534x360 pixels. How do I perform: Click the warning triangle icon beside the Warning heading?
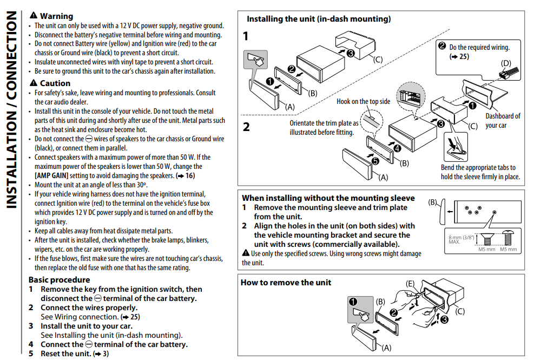tap(34, 16)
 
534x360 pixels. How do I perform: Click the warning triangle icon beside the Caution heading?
tap(34, 83)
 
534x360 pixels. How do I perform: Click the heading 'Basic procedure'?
tap(59, 280)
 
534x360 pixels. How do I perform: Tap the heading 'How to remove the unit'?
tap(286, 282)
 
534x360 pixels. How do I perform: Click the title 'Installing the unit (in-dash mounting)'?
tap(319, 19)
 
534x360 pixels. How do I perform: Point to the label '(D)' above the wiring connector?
tap(506, 63)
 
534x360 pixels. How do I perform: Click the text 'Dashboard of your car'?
tap(503, 121)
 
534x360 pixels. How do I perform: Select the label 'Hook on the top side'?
tap(363, 101)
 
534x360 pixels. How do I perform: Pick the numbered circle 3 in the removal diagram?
tap(444, 319)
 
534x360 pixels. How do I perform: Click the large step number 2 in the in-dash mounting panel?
tap(246, 128)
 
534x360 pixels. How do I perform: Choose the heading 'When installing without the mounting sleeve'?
tap(328, 198)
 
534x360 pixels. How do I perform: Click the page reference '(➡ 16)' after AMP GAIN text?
tap(186, 176)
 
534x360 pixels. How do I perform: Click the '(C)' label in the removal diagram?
tap(459, 311)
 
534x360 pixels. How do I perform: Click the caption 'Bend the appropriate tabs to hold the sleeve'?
tap(480, 172)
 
